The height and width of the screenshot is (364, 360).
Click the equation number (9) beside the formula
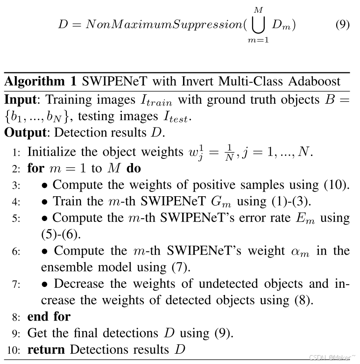point(343,25)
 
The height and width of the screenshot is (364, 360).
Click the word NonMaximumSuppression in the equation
point(161,25)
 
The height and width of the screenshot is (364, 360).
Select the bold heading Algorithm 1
point(41,81)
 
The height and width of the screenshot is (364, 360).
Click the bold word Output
point(26,132)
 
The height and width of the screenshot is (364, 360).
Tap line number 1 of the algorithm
point(16,152)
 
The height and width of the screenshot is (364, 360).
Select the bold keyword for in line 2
point(35,168)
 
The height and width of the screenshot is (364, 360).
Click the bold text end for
point(49,316)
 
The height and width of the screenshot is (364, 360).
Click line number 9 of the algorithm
point(16,334)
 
